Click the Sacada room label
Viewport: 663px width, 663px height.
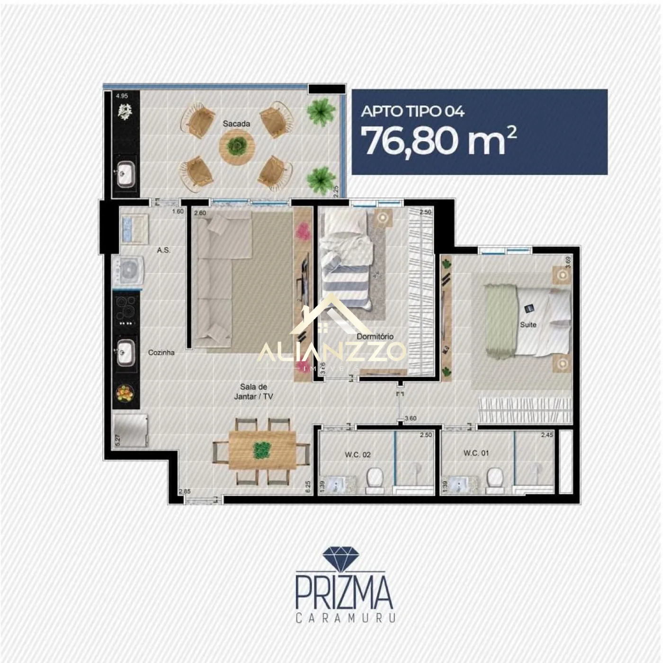[x=236, y=124]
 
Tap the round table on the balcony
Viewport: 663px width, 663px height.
[x=237, y=146]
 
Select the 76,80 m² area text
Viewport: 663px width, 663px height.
[x=439, y=141]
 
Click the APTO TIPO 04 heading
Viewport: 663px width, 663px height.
[x=412, y=111]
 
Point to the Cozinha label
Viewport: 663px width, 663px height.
[x=161, y=352]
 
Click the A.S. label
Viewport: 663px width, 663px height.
[x=163, y=250]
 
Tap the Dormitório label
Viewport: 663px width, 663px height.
[x=375, y=336]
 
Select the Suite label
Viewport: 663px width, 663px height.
[x=528, y=324]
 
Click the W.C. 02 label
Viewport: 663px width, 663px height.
[x=358, y=455]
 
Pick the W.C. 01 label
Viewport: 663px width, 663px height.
[x=476, y=453]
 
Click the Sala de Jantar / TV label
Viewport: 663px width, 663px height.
[x=253, y=392]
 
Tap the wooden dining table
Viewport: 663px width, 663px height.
[x=262, y=450]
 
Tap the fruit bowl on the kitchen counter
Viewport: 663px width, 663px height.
[x=125, y=393]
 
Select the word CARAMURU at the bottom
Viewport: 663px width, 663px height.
[x=345, y=618]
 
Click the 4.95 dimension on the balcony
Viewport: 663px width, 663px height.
[x=122, y=96]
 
